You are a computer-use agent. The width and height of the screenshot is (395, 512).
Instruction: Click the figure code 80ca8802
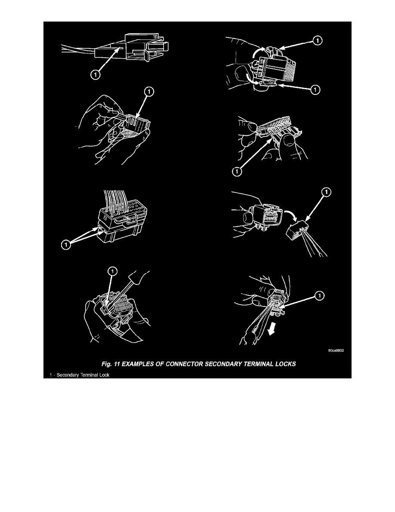(336, 350)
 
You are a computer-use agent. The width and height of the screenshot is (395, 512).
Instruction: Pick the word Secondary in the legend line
(68, 375)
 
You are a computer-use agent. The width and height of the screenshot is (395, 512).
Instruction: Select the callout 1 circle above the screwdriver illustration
(112, 272)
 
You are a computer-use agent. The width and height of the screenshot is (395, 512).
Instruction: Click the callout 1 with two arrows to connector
(66, 244)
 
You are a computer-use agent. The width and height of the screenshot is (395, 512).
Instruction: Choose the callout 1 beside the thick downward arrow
(320, 296)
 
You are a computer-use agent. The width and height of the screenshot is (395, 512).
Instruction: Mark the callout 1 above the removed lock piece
(326, 192)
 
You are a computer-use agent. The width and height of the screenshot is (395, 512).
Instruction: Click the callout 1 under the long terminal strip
(237, 171)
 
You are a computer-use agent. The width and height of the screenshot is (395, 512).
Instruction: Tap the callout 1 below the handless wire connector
(95, 75)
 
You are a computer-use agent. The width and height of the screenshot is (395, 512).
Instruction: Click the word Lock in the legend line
(105, 375)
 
